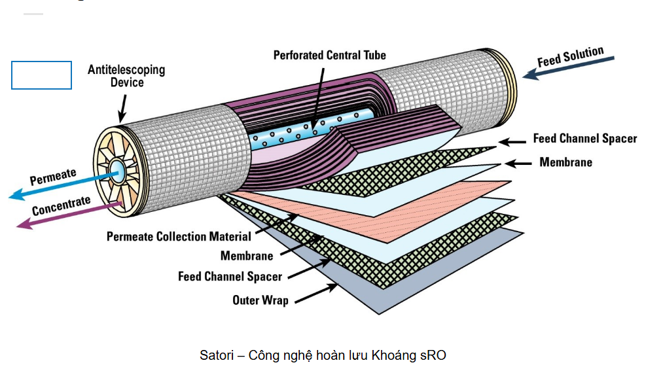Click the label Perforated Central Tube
point(329,55)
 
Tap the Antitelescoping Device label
point(126,76)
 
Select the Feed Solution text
point(570,57)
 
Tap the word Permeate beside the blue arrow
point(53,176)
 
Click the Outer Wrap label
point(260,300)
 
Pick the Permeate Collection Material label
point(179,236)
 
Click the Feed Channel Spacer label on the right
point(584,139)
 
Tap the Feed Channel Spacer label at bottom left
point(230,276)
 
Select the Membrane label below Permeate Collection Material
point(246,256)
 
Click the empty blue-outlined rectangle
point(41,75)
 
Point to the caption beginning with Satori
point(323,355)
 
